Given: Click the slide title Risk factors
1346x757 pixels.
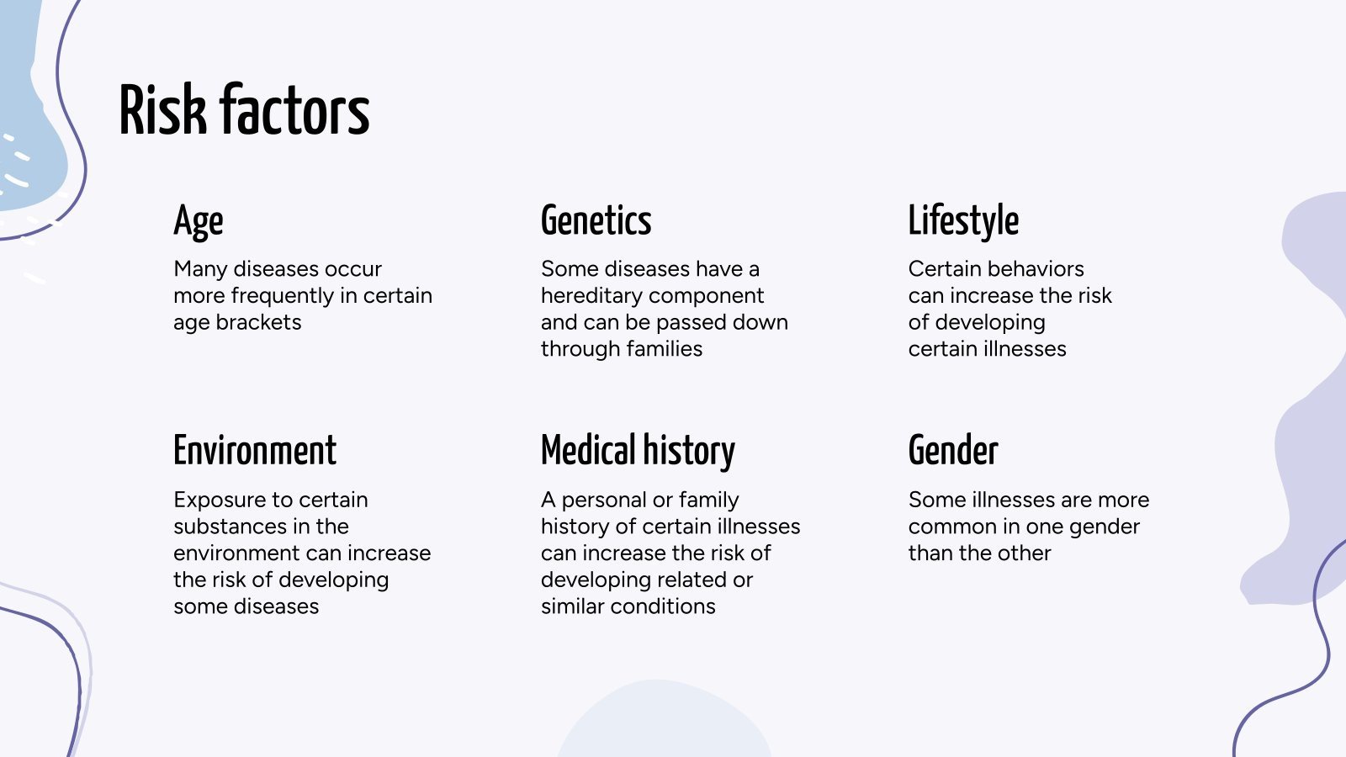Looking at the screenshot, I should (244, 110).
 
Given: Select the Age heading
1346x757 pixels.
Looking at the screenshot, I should (199, 221).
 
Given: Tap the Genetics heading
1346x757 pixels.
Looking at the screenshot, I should (596, 221).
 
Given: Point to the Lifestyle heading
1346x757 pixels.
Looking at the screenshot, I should (963, 221).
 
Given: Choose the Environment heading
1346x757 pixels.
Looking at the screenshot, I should (255, 451).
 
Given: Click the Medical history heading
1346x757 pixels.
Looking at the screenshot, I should (638, 451).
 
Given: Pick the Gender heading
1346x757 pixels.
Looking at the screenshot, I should (953, 451).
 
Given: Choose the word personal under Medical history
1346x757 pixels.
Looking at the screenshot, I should (602, 500).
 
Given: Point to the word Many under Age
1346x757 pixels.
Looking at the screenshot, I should (200, 269).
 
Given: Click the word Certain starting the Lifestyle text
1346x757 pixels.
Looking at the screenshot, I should (945, 269).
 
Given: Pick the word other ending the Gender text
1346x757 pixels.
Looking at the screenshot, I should (1024, 553).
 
